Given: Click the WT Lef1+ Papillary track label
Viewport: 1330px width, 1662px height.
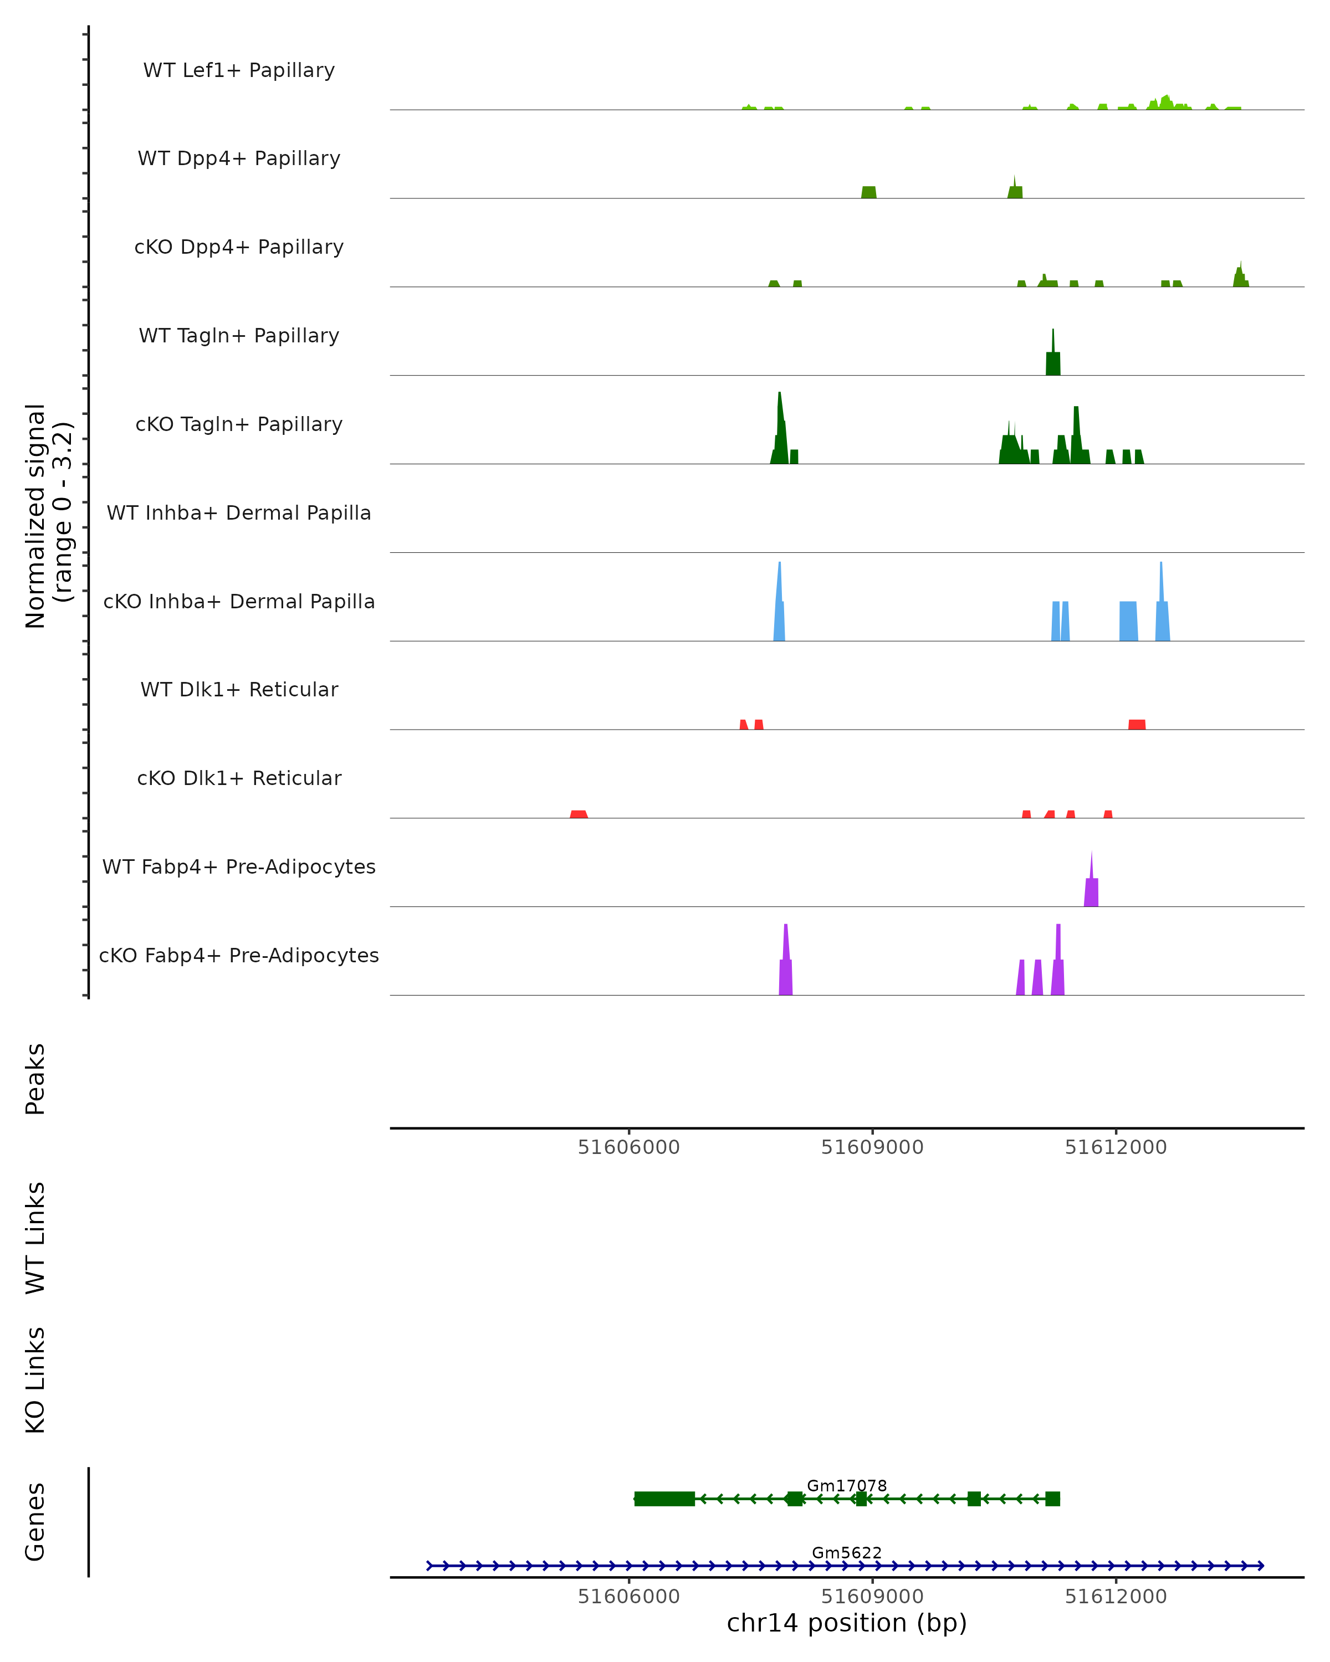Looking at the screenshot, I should click(239, 70).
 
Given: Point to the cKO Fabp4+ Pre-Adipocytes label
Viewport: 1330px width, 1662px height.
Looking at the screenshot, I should click(239, 955).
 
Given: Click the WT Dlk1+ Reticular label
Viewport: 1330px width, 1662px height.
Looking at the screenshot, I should click(239, 689).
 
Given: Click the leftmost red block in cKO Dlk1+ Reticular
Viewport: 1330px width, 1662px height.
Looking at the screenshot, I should click(578, 814).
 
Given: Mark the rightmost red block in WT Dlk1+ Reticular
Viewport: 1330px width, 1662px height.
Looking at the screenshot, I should click(1137, 724).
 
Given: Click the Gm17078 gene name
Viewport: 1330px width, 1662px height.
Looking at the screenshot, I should click(847, 1485).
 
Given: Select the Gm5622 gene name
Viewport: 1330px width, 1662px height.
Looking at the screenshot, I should click(847, 1552).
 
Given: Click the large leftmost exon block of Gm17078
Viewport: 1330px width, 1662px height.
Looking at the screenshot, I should click(664, 1499).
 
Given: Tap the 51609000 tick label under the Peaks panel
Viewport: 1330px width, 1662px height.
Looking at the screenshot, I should click(872, 1147).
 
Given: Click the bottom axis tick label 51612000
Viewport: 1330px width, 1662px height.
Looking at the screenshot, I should click(1116, 1597).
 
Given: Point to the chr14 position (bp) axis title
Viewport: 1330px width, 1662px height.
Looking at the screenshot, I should click(847, 1623).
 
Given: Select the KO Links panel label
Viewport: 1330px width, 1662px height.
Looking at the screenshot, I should click(35, 1381).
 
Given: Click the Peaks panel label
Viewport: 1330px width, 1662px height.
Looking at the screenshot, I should click(35, 1079).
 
